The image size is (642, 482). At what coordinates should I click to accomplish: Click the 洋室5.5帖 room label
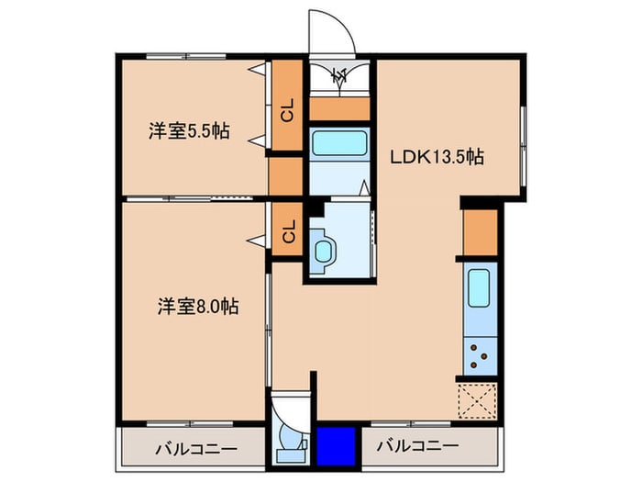coord(189,131)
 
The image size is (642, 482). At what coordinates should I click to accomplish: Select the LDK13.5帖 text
coord(437,156)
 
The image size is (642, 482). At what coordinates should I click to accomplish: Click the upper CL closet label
coord(287,112)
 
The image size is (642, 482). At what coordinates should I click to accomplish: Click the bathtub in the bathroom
coord(339,144)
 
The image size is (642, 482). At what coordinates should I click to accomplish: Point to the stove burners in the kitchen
coord(479,354)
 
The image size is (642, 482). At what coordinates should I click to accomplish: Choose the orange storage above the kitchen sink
coord(480,233)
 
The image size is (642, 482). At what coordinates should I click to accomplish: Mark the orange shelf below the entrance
coord(339,109)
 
